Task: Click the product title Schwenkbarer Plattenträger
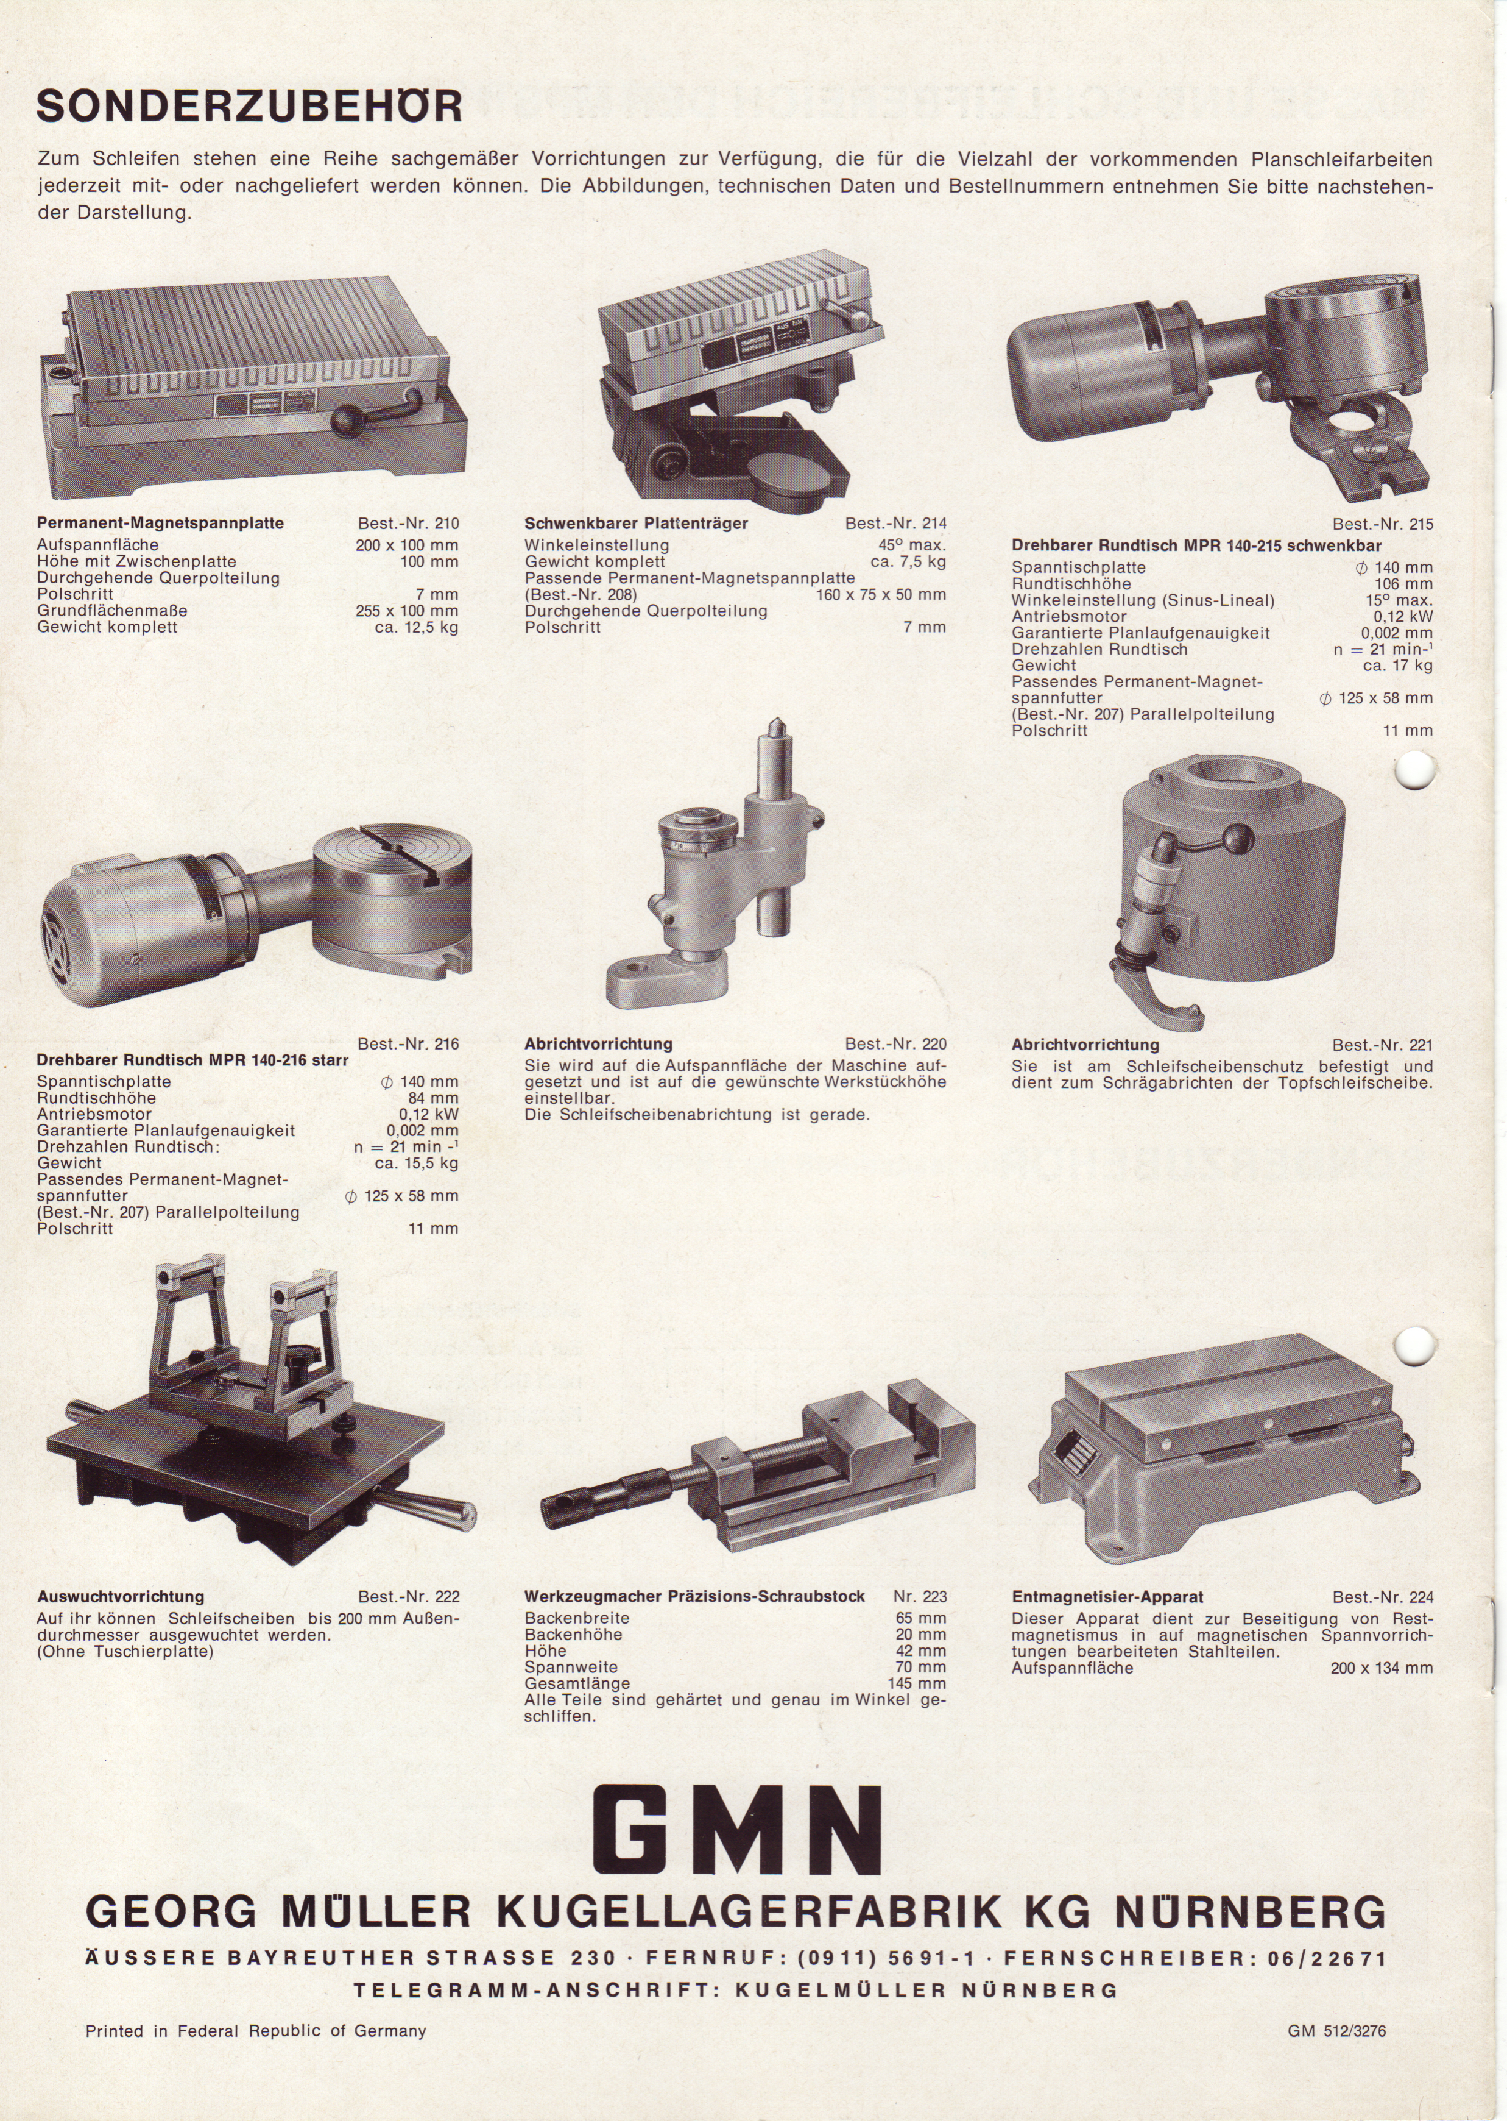tap(636, 524)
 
